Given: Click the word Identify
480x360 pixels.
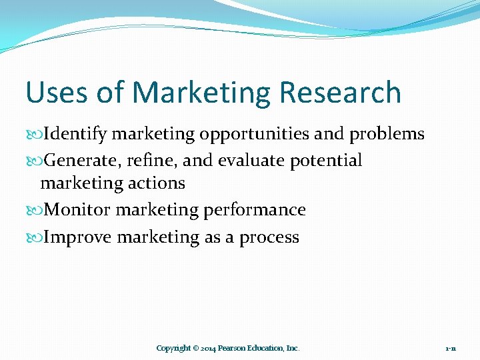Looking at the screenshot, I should [75, 134].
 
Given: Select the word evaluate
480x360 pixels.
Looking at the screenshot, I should [253, 161].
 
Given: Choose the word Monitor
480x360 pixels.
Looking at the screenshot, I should [77, 210].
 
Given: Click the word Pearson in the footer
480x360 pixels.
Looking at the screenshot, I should [231, 348].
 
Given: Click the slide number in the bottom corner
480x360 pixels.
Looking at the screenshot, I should [451, 348].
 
